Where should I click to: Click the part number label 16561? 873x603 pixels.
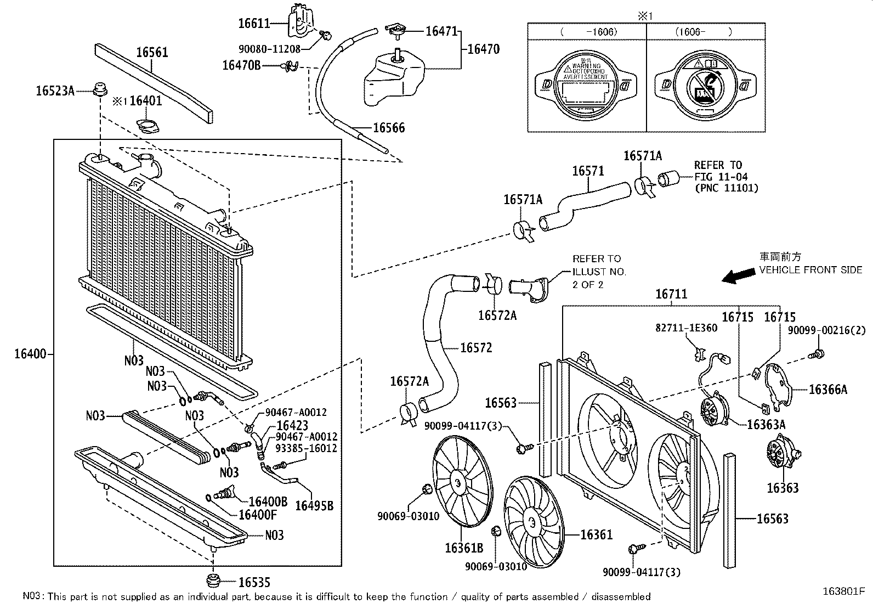(x=152, y=53)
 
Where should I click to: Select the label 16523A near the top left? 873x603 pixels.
(x=55, y=91)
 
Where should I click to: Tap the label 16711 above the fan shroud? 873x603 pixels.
(x=671, y=295)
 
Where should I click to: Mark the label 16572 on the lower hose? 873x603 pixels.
(x=476, y=347)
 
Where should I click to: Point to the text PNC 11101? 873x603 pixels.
(x=726, y=188)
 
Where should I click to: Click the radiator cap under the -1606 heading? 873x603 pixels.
(x=586, y=84)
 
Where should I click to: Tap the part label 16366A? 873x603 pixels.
(x=827, y=390)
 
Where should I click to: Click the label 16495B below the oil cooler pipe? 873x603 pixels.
(x=314, y=505)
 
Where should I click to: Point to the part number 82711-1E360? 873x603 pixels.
(x=686, y=328)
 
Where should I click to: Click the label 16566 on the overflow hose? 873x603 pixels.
(x=388, y=128)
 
